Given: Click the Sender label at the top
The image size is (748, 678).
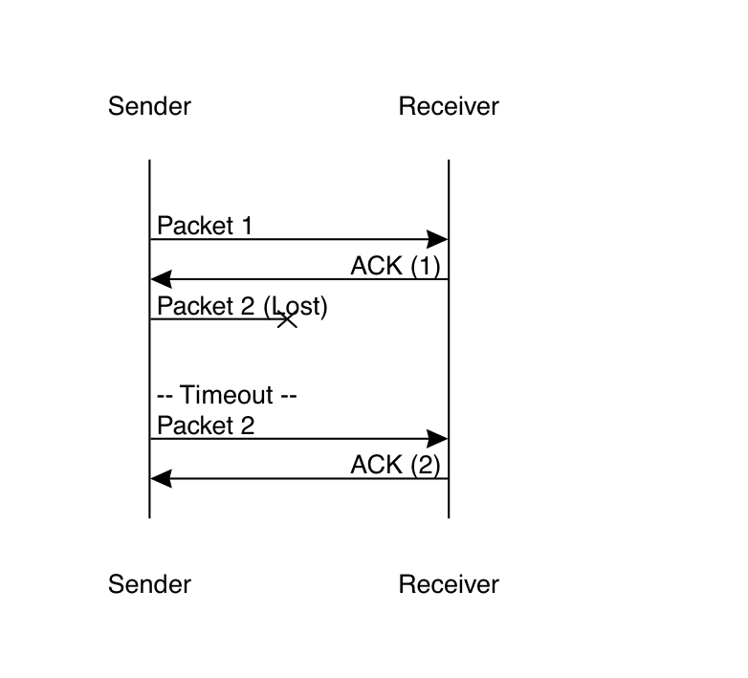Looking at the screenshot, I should (x=149, y=106).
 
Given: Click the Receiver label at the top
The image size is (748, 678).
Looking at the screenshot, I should (x=449, y=106).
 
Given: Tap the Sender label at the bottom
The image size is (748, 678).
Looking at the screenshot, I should (x=149, y=584).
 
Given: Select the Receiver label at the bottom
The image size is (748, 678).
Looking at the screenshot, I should (x=449, y=584).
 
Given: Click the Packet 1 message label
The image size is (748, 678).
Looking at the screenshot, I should (x=205, y=227).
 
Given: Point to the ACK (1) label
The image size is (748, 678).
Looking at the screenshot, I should (x=395, y=266).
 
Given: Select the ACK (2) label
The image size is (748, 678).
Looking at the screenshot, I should (x=395, y=466).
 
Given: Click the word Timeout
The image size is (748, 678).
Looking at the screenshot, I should (x=228, y=395).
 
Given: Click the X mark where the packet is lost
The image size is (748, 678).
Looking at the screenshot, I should (x=287, y=319).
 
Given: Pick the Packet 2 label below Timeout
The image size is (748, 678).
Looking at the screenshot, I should (x=206, y=426).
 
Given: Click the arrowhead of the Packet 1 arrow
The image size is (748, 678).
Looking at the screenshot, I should (x=439, y=239).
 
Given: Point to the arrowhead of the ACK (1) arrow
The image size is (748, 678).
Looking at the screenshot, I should (x=161, y=279).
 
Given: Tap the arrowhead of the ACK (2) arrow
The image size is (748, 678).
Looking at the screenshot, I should (x=161, y=478).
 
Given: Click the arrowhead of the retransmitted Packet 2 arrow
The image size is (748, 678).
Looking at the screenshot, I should (x=439, y=439).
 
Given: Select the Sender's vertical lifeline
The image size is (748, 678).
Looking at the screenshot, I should (x=150, y=363).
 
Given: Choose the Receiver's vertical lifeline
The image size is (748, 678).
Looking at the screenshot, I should (x=449, y=363).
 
